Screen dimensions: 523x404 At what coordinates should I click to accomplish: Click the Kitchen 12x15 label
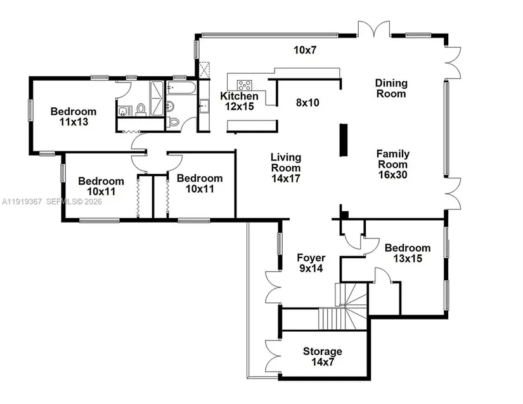coord(239,101)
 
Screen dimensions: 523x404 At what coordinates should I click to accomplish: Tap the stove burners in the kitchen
coord(245,86)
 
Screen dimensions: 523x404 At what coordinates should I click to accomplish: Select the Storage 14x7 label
coord(322,356)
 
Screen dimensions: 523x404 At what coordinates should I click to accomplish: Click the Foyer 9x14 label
coord(311,263)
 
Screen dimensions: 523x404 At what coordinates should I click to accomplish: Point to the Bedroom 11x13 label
coord(74,117)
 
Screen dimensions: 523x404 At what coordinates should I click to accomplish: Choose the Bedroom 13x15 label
coord(407,253)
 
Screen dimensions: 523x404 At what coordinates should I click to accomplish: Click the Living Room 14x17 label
coord(286,167)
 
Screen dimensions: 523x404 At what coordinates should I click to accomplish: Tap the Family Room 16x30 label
coord(393,164)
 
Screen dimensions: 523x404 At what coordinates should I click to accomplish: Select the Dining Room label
coord(391,88)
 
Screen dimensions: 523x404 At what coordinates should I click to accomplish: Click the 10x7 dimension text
coord(305,50)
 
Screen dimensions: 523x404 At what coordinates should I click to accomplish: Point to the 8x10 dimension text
coord(307,102)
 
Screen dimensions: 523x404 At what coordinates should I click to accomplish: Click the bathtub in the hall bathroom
coord(181,88)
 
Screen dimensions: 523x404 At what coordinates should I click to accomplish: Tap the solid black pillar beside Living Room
coord(344,140)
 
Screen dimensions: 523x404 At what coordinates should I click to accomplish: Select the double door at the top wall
coord(374,29)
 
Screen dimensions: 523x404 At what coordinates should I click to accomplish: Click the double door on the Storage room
coord(273,356)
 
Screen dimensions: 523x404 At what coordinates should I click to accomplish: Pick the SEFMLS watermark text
coord(74,202)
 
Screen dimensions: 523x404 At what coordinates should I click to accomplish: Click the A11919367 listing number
coord(22,202)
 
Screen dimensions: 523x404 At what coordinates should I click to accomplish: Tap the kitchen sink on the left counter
coord(203,107)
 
